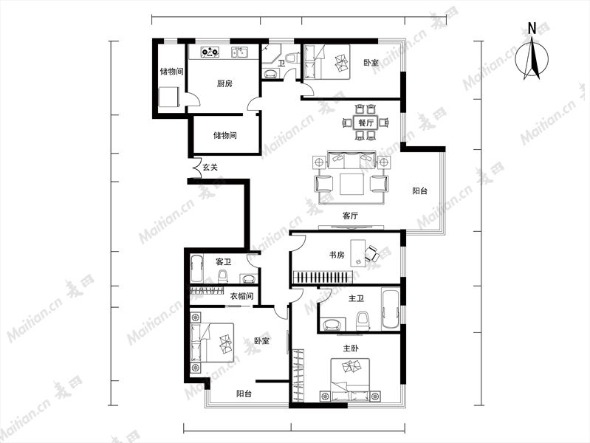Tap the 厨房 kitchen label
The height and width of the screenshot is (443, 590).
click(x=224, y=83)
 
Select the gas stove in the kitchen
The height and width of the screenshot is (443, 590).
click(x=210, y=52)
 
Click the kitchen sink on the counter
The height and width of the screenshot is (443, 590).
click(x=239, y=52)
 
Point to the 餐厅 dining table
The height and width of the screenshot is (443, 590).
click(x=366, y=123)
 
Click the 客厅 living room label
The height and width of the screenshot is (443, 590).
click(x=350, y=216)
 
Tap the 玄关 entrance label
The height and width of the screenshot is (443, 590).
click(x=210, y=167)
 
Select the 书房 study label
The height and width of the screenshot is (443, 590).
click(x=337, y=255)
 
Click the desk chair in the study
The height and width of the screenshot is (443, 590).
click(x=372, y=254)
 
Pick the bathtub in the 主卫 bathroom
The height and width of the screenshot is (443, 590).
click(x=390, y=309)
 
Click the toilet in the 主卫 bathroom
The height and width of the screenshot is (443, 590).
click(x=363, y=321)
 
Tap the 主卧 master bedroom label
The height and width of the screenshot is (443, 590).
click(x=350, y=348)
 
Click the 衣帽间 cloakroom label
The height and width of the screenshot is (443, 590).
click(x=241, y=296)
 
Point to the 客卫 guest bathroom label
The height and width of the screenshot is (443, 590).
click(x=223, y=261)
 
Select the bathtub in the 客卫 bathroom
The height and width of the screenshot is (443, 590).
click(x=196, y=269)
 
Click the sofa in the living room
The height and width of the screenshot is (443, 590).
click(x=351, y=159)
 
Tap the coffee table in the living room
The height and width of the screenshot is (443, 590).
click(x=351, y=184)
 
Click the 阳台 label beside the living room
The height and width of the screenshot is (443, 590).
click(x=419, y=190)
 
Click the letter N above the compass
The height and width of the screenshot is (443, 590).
click(x=532, y=29)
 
